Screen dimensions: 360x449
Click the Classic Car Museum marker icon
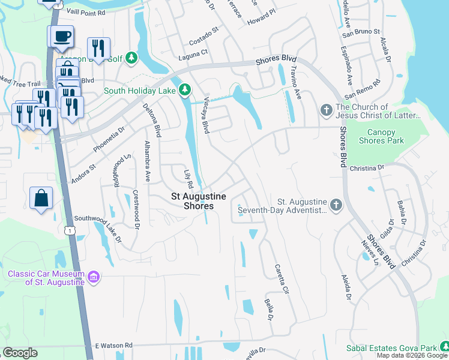(94, 277)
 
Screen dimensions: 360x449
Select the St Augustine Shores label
(199, 201)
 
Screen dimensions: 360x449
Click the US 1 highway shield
(71, 230)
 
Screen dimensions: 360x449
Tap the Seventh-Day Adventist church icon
(336, 205)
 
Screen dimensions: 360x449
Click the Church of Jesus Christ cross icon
(326, 110)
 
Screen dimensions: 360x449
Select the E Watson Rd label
(113, 346)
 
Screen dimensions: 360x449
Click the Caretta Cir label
(281, 279)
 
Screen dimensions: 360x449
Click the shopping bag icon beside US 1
(41, 198)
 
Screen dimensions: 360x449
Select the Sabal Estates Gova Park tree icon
(444, 347)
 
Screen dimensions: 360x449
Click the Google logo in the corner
(20, 353)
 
